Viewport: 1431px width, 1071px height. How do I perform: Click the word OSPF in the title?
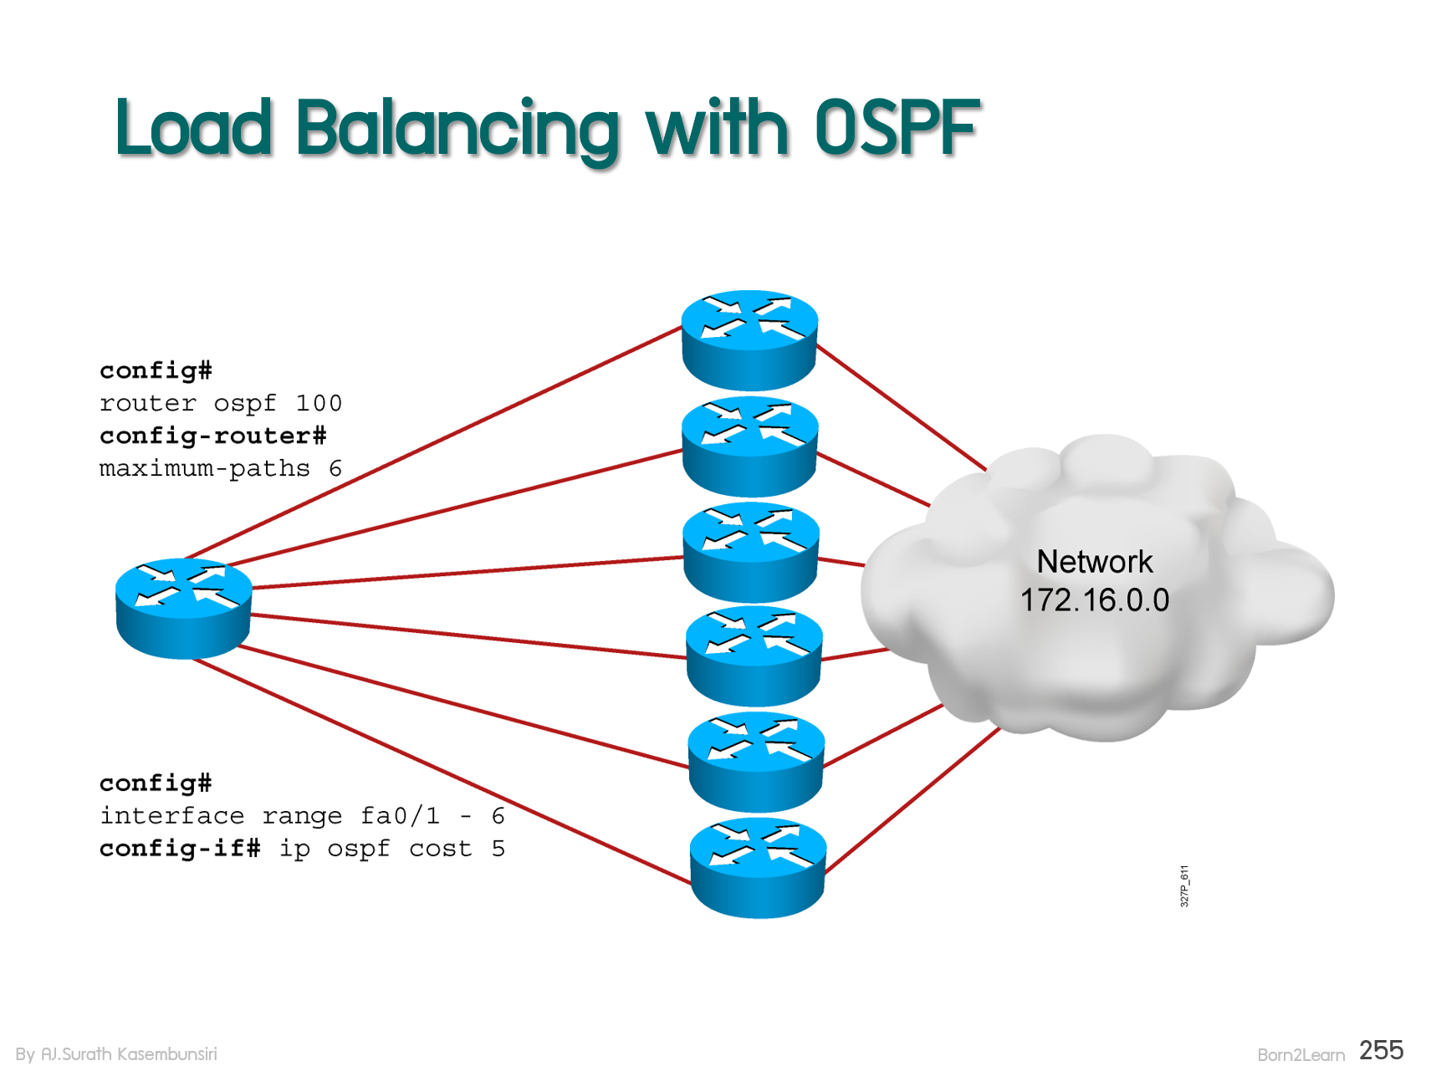point(897,127)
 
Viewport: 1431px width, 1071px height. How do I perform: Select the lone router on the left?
point(183,609)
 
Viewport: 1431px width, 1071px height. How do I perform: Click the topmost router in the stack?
point(749,340)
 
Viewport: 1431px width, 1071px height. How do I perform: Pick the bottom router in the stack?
point(758,869)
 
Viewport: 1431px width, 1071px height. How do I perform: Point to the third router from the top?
point(751,552)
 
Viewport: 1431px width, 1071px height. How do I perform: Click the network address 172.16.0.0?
point(1095,600)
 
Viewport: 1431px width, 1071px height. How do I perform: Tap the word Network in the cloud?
point(1095,562)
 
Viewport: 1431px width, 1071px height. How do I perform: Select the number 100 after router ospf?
point(319,403)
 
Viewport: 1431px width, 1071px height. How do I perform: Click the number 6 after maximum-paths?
point(335,468)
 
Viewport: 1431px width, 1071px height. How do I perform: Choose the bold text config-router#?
point(212,436)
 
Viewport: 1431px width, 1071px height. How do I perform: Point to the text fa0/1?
point(400,815)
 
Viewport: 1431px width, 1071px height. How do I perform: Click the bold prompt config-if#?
point(180,848)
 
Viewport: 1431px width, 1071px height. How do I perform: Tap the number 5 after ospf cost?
point(498,849)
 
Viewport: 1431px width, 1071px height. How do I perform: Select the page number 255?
point(1382,1050)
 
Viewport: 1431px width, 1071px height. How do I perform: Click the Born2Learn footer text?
point(1301,1055)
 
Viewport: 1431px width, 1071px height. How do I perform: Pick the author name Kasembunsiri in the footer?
point(167,1054)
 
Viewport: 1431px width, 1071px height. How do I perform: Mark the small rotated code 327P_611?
point(1184,886)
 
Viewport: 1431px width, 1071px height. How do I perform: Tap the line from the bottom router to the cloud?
point(912,801)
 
